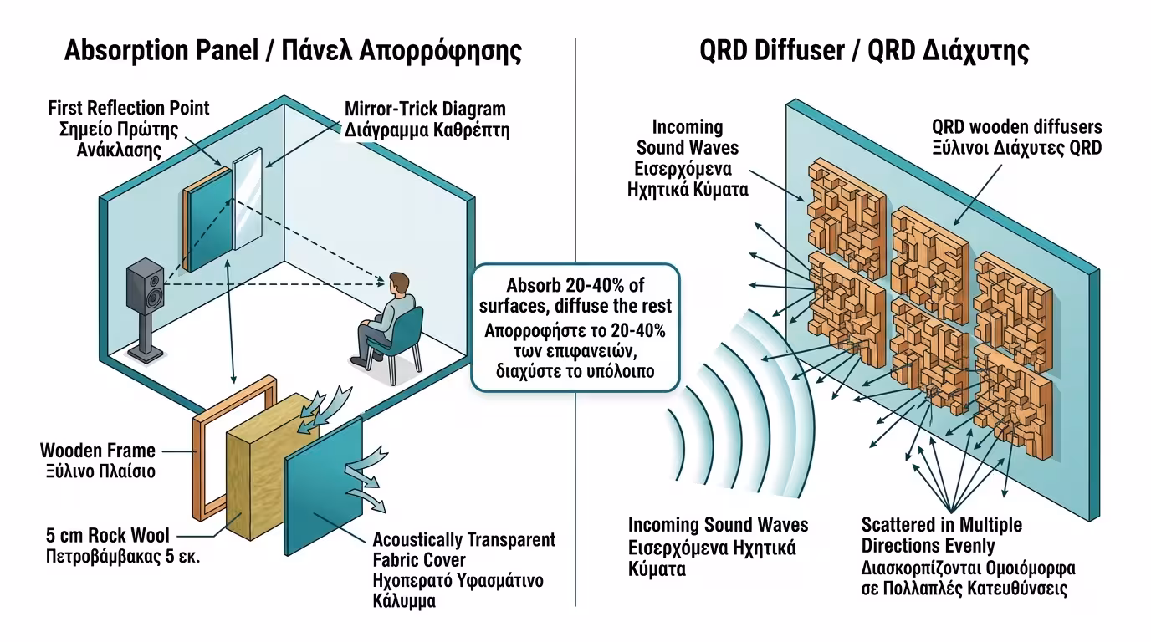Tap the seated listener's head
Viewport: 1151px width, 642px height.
400,284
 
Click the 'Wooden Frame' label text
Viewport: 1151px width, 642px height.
98,451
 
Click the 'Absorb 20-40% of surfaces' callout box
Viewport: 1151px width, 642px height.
575,327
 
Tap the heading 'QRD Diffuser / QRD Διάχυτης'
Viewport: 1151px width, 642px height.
864,51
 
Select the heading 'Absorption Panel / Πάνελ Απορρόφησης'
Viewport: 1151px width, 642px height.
293,51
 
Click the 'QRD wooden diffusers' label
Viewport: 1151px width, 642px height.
1016,127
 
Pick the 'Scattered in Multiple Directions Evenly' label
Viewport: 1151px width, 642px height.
942,535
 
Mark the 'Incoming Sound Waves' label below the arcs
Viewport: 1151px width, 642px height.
718,525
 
